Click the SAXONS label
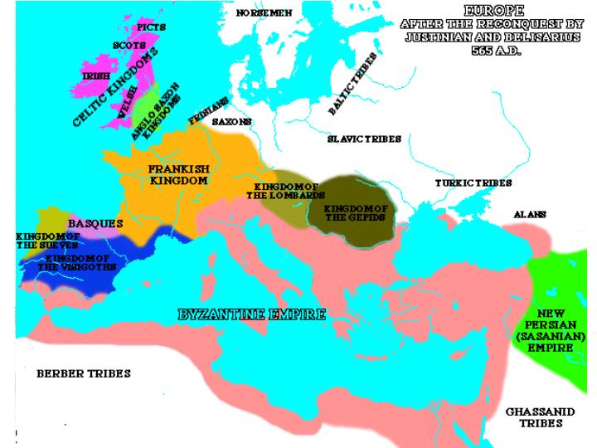(232, 121)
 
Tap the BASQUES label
(95, 224)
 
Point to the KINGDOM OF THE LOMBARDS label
(287, 191)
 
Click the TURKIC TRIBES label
(473, 183)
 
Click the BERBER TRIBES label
(83, 373)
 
